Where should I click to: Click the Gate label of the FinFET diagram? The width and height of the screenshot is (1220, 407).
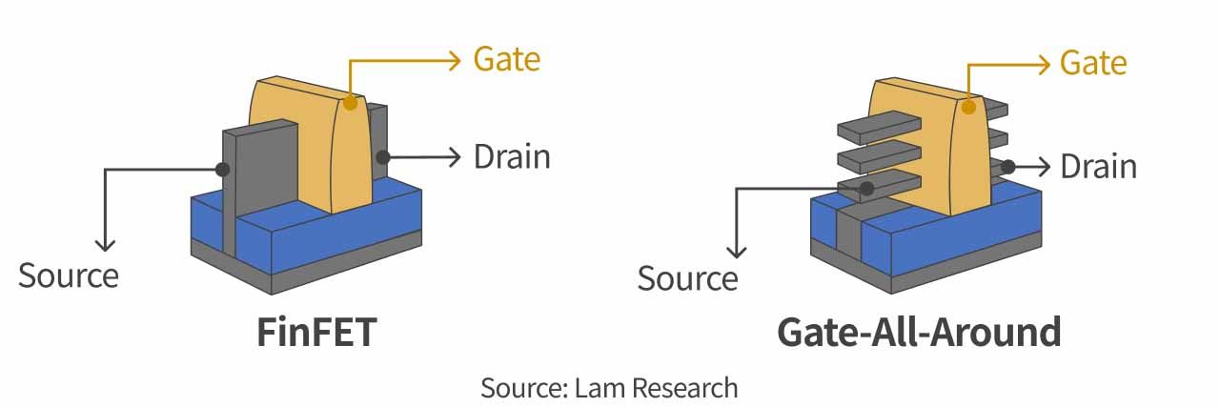pos(506,60)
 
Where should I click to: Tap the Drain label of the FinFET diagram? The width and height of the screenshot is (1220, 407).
pos(512,156)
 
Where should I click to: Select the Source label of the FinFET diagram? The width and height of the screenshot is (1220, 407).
pos(69,275)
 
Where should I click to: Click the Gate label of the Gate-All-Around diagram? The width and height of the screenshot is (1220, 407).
pos(1092,64)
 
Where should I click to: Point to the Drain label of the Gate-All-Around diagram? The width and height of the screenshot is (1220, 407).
pos(1098,167)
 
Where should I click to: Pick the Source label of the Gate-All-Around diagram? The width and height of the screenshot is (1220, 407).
pos(687,278)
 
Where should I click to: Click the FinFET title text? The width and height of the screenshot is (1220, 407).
pos(316,333)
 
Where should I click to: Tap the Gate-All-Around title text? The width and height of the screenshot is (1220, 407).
pos(918,333)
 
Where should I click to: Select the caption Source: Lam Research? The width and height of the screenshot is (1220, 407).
pos(609,388)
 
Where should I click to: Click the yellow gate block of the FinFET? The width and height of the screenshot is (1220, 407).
pos(305,143)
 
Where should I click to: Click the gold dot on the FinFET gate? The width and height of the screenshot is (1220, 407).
pos(352,101)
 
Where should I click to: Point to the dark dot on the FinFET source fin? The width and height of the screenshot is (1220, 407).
pos(223,170)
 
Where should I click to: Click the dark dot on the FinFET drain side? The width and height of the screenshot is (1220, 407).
pos(381,156)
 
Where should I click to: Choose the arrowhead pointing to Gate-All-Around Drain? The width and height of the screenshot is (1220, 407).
pos(1043,167)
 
